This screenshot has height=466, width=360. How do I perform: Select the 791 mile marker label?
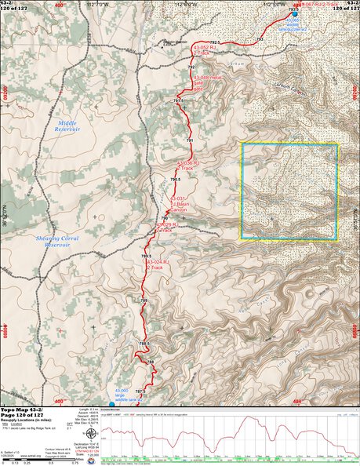(x=189, y=140)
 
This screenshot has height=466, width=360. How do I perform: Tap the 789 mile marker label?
(x=144, y=300)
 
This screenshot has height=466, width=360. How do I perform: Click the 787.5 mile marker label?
(x=141, y=391)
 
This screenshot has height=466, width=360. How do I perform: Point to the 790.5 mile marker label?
(x=176, y=180)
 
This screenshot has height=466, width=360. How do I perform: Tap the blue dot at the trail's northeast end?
(x=294, y=14)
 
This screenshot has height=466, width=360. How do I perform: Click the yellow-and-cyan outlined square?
(x=289, y=191)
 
